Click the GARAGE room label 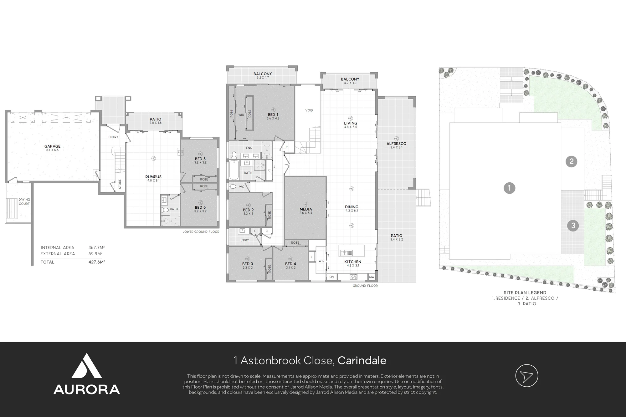coord(52,146)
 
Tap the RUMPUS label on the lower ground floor coord(153,177)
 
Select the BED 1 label coord(273,115)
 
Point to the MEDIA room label coord(305,209)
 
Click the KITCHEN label coord(353,262)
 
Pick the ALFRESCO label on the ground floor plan coord(396,144)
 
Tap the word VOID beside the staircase coord(309,110)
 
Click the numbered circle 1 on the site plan coord(510,188)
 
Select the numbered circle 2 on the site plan coord(572,161)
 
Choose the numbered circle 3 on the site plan coord(573,226)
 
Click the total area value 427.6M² coord(97,262)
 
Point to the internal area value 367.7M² coord(97,247)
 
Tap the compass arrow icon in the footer coord(527,376)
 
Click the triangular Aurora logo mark coord(87,367)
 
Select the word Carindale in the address coord(362,361)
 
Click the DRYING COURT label coord(24,201)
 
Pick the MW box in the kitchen coord(372,277)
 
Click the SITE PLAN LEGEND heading coord(525,293)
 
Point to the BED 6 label coord(200,207)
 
